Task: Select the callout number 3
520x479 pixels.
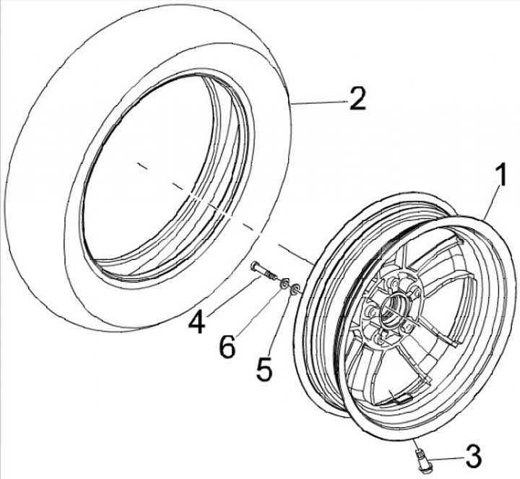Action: [x=472, y=457]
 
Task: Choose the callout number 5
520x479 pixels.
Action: [x=264, y=369]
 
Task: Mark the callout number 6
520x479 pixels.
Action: [x=227, y=348]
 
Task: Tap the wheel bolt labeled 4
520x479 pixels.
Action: [x=264, y=273]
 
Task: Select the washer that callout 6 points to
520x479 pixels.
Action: [x=284, y=282]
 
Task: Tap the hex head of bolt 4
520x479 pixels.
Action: [x=255, y=268]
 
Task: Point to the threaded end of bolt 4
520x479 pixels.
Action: [x=273, y=277]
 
